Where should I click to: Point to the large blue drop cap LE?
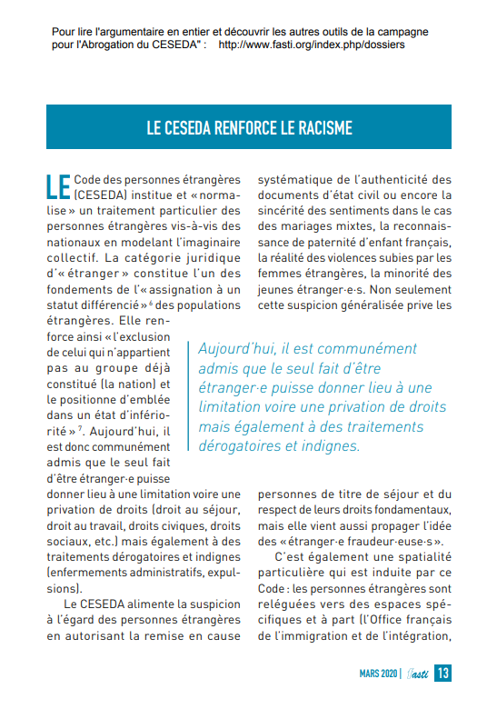point(57,185)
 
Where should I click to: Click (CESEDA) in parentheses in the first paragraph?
point(103,194)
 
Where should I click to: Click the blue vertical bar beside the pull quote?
point(189,396)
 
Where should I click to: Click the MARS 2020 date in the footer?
point(377,674)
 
